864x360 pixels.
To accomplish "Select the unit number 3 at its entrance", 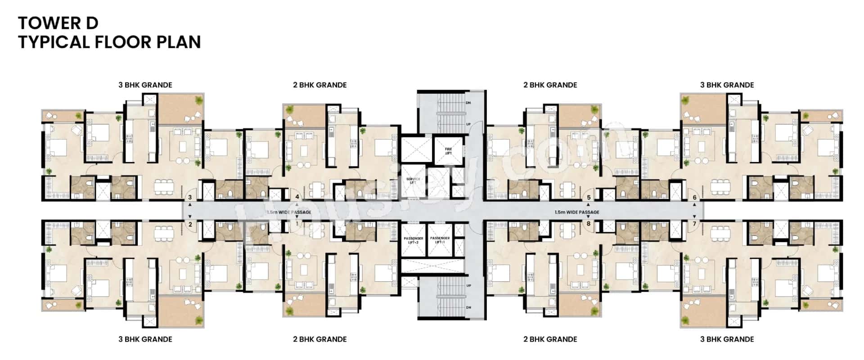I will coord(190,198).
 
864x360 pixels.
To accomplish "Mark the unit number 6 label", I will coord(694,198).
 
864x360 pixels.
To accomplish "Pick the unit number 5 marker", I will coord(588,198).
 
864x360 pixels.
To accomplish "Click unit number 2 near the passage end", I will coord(190,224).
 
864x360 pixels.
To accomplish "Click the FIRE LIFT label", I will coord(448,151).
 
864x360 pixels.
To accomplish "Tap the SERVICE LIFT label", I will coord(413,180).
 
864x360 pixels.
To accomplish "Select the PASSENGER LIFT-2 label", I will coord(413,240).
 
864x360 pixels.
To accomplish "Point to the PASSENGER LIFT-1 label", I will coord(440,240).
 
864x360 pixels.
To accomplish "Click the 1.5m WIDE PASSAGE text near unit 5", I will coord(576,212).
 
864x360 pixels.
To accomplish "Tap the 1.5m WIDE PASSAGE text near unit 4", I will coord(289,212).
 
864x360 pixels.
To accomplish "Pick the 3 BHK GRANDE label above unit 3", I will coord(145,85).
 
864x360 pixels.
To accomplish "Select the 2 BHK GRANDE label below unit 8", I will coord(550,339).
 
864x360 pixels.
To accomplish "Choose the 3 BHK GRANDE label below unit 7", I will coord(727,339).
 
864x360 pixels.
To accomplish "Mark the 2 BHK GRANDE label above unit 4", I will coord(319,85).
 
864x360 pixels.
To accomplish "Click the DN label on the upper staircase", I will coord(468,103).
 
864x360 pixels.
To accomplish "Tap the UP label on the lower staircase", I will coord(468,285).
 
